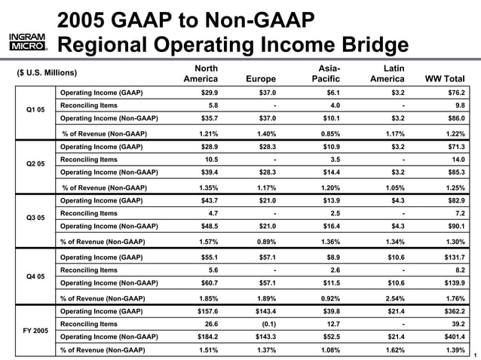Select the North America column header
(201, 73)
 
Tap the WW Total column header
(445, 78)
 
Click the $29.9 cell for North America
(207, 92)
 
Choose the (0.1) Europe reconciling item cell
(266, 324)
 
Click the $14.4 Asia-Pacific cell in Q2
(328, 172)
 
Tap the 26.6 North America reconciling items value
(210, 324)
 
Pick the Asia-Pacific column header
(325, 73)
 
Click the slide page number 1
(476, 355)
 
